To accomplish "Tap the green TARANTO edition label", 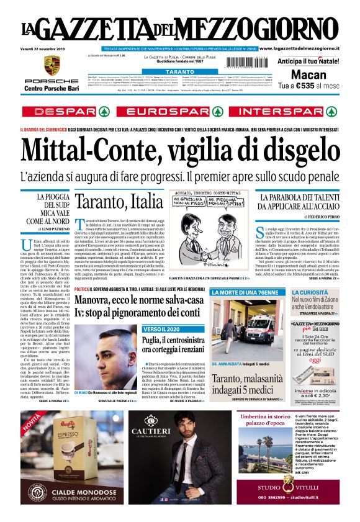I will [180, 71].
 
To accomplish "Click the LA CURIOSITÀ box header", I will [309, 292].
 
